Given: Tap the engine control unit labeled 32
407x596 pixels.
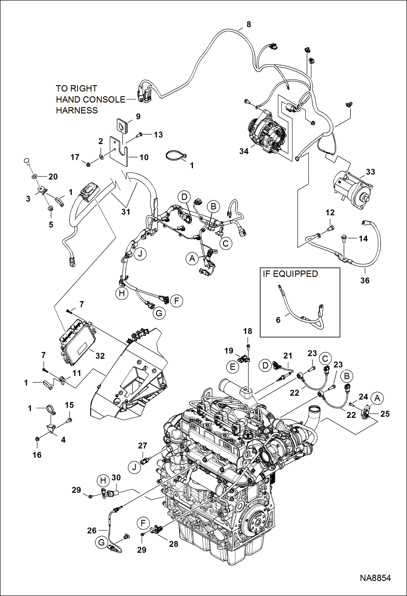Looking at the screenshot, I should (77, 341).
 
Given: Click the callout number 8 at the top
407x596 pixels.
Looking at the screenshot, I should (249, 24).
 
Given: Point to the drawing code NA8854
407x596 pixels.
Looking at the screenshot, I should (375, 578).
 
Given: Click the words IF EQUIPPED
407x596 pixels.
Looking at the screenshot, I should (290, 274).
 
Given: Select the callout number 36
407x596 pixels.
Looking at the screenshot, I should (365, 280).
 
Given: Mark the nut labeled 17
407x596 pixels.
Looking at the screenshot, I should (88, 164).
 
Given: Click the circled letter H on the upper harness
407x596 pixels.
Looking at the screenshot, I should (122, 293).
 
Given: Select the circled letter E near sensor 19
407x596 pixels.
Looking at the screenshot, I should (233, 367).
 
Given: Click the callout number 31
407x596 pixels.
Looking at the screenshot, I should (126, 212).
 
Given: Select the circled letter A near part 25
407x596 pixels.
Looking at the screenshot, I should (377, 398).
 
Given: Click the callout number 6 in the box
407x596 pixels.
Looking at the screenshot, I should (278, 320).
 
